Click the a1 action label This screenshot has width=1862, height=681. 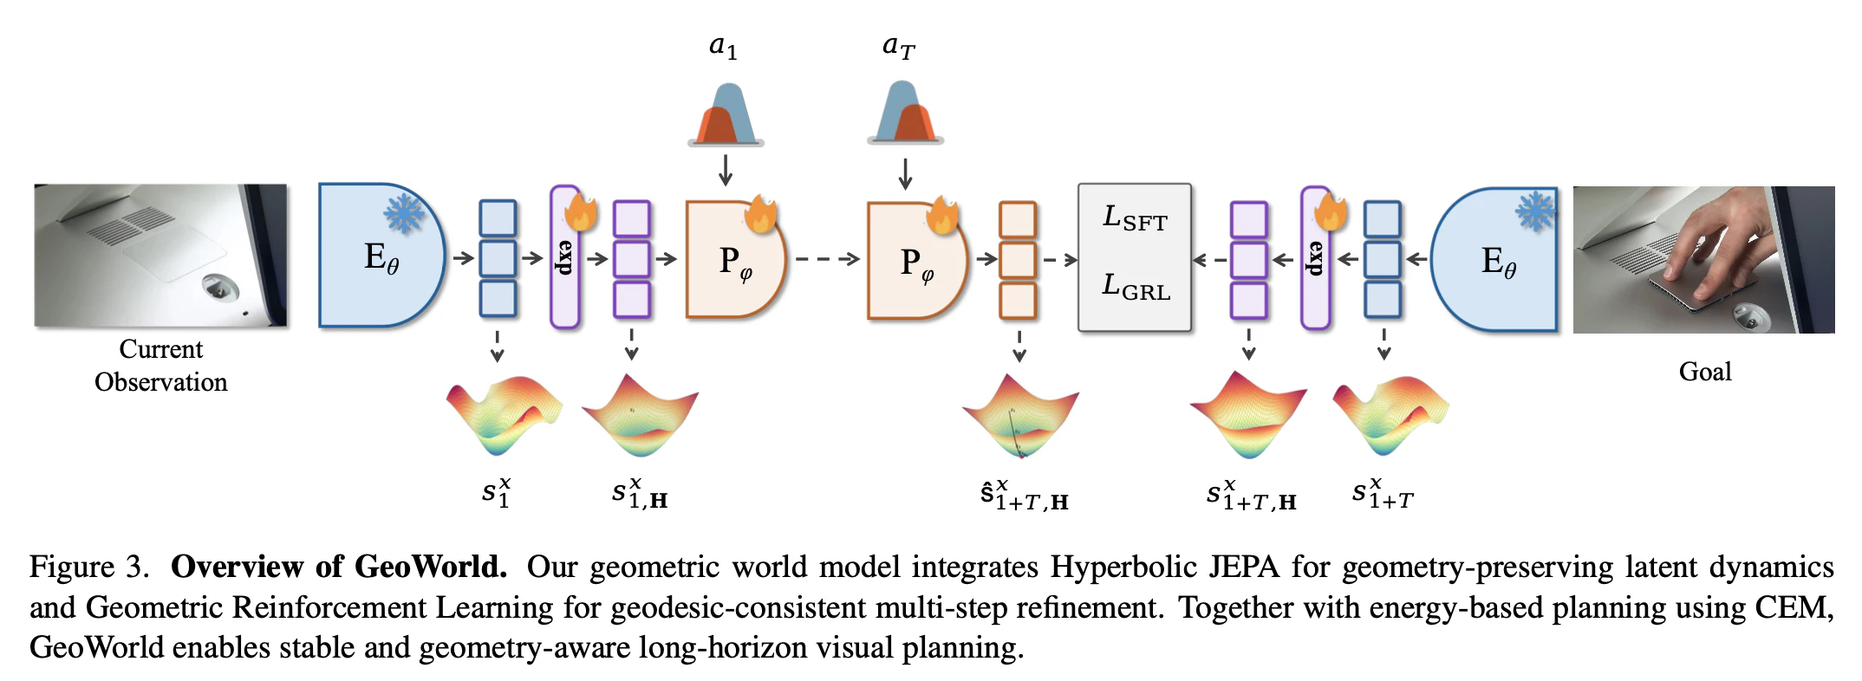[723, 47]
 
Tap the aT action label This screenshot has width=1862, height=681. [898, 47]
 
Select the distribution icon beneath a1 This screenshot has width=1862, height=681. [726, 114]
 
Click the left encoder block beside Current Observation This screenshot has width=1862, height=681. [381, 256]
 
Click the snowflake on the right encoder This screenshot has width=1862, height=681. [1535, 211]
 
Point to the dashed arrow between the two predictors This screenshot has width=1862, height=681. [827, 259]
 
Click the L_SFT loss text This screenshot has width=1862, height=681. [1135, 217]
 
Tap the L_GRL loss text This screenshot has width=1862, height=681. [1136, 286]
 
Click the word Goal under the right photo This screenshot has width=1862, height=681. [1705, 372]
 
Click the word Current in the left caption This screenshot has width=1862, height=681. [161, 348]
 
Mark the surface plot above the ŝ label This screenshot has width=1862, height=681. [1020, 416]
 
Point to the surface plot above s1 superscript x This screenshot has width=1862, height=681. [505, 415]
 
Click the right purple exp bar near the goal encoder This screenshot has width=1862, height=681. [1315, 257]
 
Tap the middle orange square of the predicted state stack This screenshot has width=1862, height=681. [1018, 259]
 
